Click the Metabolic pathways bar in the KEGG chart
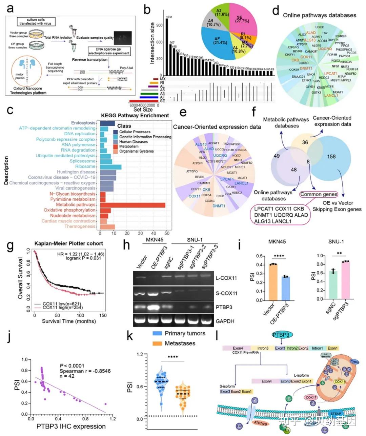coord(132,205)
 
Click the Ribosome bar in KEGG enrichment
coord(110,167)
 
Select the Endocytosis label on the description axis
coord(83,123)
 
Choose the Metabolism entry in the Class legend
coord(129,146)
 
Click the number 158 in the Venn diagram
coord(331,156)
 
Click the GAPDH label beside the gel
coord(225,321)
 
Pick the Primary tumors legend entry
coord(185,333)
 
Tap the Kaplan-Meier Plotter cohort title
coord(68,243)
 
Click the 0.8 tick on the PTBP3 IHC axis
coord(85,419)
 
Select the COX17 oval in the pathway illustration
coord(311,397)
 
